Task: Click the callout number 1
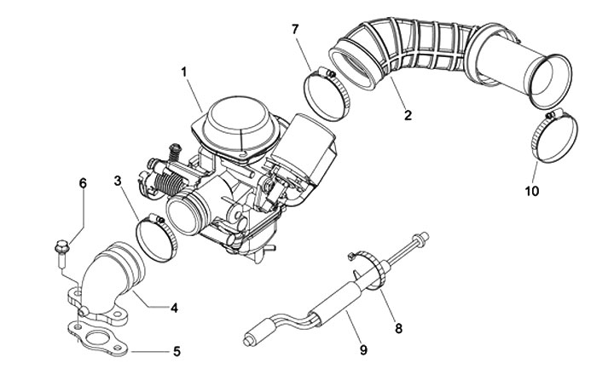[x=184, y=71]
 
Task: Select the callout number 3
[x=119, y=181]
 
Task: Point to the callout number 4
[x=174, y=307]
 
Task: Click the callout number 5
[x=177, y=350]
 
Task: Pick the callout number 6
[x=83, y=183]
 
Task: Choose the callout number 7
[x=295, y=30]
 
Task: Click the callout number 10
[x=531, y=192]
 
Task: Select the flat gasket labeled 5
[x=100, y=339]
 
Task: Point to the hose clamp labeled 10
[x=548, y=136]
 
